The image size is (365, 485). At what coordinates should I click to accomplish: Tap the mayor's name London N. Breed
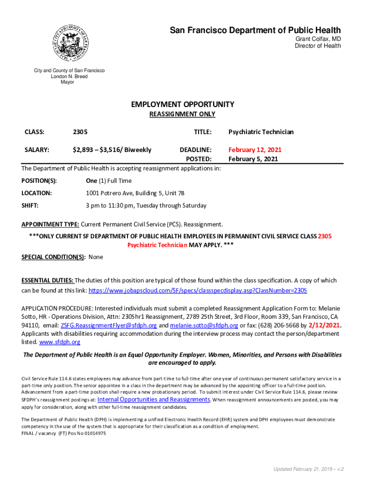pos(69,76)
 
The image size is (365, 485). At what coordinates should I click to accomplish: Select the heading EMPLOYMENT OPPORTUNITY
pos(182,104)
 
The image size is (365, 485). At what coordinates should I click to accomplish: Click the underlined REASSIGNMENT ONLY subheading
pos(182,114)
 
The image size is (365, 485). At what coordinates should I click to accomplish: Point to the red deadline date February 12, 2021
pos(255,150)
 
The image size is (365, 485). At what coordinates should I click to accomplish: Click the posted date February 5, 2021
pos(253,159)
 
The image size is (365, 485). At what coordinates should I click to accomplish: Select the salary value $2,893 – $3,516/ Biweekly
pos(112,150)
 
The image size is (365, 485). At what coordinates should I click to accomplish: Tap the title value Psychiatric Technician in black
pos(261,132)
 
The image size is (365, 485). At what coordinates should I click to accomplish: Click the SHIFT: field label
pos(30,206)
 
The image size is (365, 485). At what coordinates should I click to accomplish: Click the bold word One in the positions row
pos(91,181)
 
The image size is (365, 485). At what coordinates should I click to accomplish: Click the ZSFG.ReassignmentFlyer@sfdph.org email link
pos(109,325)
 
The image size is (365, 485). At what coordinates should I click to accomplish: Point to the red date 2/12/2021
pos(324,325)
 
